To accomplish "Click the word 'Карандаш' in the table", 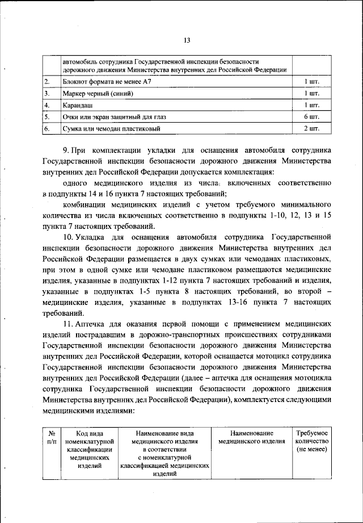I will click(x=78, y=106).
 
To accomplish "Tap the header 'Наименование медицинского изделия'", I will click(x=252, y=437).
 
